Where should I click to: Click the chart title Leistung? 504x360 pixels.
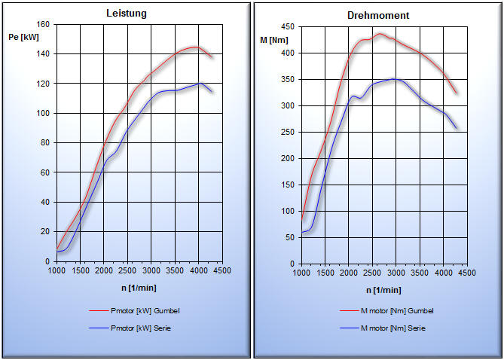[126, 14]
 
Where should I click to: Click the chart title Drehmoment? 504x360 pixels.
[378, 15]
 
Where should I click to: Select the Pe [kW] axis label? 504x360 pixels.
[29, 37]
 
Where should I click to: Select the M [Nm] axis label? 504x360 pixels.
[274, 39]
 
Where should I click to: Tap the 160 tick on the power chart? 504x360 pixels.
[42, 25]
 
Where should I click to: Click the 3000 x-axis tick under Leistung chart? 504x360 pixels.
[151, 270]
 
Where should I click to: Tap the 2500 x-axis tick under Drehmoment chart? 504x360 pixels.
[371, 273]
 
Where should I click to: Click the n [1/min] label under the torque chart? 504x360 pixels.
[384, 290]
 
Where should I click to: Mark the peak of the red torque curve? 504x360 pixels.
[380, 33]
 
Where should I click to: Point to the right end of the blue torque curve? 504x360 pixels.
[457, 128]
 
